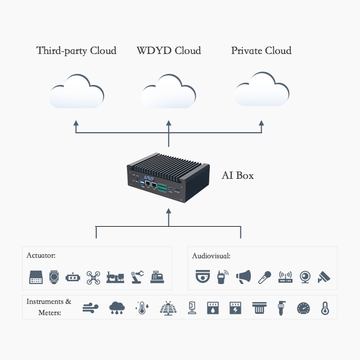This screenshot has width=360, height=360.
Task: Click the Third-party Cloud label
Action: [x=76, y=51]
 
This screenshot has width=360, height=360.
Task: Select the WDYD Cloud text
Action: [x=168, y=51]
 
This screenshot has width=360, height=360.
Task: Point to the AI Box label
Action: [x=237, y=175]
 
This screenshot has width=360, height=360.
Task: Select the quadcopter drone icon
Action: [x=93, y=277]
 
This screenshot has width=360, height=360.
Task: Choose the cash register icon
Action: [x=157, y=277]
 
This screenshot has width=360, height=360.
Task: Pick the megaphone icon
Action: [x=244, y=277]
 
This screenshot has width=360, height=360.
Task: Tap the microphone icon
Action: [x=265, y=277]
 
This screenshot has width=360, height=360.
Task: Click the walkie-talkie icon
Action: [x=223, y=277]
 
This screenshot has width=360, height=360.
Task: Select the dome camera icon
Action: [x=202, y=277]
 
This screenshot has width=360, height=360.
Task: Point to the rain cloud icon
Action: [x=117, y=308]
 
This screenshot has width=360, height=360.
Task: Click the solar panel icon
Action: [x=168, y=308]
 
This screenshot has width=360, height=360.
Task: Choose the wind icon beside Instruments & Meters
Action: [x=91, y=308]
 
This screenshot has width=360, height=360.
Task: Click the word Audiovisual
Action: [x=211, y=256]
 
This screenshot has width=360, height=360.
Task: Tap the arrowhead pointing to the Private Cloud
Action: [x=262, y=122]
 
